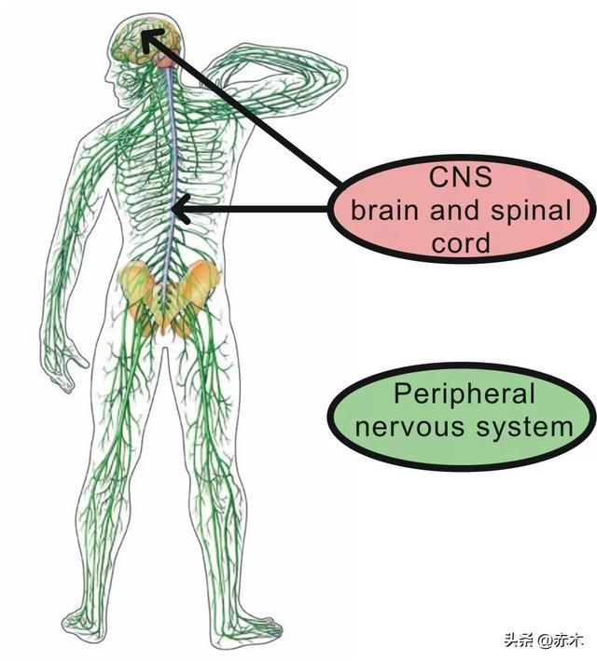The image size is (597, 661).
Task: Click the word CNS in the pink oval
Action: (x=460, y=177)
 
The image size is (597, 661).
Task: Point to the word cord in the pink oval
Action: (x=461, y=243)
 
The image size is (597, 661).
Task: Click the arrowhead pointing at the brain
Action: (x=151, y=40)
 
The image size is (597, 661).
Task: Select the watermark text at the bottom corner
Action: (x=544, y=641)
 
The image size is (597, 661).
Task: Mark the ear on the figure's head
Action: (x=128, y=79)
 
